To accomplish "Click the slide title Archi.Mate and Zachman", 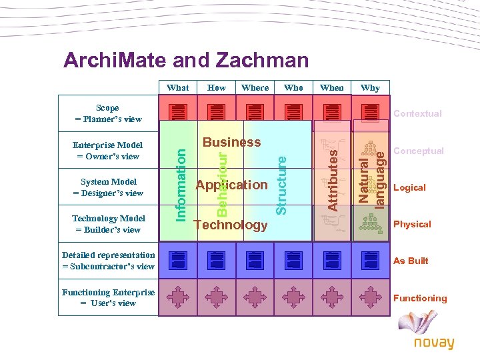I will click(186, 61).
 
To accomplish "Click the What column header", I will click(178, 87).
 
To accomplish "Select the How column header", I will click(217, 87).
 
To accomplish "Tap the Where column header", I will click(255, 87).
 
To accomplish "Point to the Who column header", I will click(293, 87).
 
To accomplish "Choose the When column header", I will click(332, 87).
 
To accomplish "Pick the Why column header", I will click(370, 87).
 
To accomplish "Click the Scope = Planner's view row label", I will click(108, 113).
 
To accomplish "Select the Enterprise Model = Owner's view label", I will click(108, 151).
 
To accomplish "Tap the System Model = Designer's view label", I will click(108, 187).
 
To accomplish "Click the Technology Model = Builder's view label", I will click(108, 224).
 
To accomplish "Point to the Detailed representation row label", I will click(108, 261).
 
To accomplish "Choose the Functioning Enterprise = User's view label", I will click(108, 297).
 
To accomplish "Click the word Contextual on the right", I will click(417, 114).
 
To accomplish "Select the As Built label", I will click(411, 261).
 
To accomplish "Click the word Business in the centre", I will click(231, 142).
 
